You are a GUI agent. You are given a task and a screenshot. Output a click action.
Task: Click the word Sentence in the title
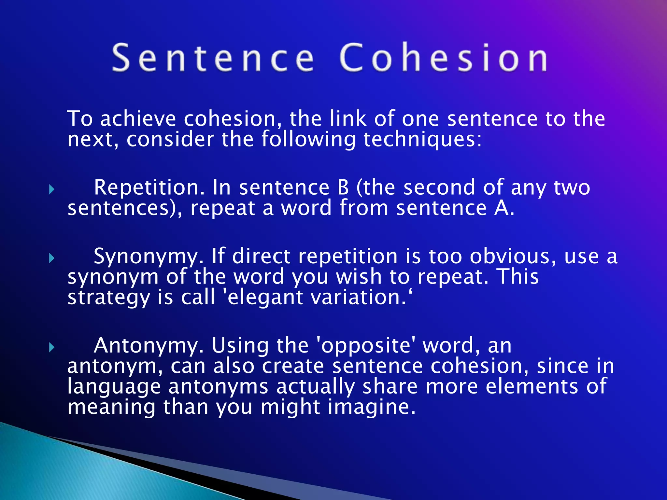(x=213, y=58)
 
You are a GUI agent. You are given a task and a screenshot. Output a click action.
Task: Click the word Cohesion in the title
(x=444, y=58)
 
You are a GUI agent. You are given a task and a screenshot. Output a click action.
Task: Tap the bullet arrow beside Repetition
(x=51, y=189)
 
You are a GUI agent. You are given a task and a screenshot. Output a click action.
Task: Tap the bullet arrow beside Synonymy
(x=51, y=258)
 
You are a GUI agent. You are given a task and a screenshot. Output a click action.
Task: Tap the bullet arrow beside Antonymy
(x=51, y=348)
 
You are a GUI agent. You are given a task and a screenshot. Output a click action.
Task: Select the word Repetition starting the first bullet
(x=149, y=188)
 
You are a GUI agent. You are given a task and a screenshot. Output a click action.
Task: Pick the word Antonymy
(x=149, y=346)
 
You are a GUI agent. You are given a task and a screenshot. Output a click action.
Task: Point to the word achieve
(x=138, y=119)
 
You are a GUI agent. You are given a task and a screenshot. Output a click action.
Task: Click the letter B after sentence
(x=343, y=188)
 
